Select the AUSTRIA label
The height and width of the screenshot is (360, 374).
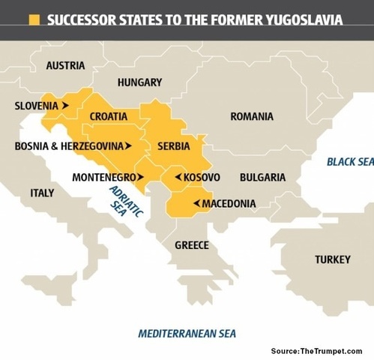tap(65, 65)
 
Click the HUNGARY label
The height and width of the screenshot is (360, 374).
tap(139, 82)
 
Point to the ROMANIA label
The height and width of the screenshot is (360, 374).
tap(252, 116)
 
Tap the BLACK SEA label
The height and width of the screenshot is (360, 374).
tap(349, 161)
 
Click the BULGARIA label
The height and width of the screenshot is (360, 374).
tap(262, 178)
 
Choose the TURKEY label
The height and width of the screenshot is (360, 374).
tap(332, 259)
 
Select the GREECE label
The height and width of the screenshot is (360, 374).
tap(192, 245)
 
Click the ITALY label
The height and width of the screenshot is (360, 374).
tap(42, 193)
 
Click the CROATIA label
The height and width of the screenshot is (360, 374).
tap(108, 116)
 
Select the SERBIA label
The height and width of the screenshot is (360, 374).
tap(174, 145)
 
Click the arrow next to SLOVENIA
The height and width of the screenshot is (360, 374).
tap(66, 106)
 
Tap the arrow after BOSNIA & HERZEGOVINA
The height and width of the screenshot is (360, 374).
tap(127, 145)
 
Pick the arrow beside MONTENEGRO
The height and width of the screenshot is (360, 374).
tap(140, 178)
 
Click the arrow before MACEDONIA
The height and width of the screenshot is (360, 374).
tap(195, 203)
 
